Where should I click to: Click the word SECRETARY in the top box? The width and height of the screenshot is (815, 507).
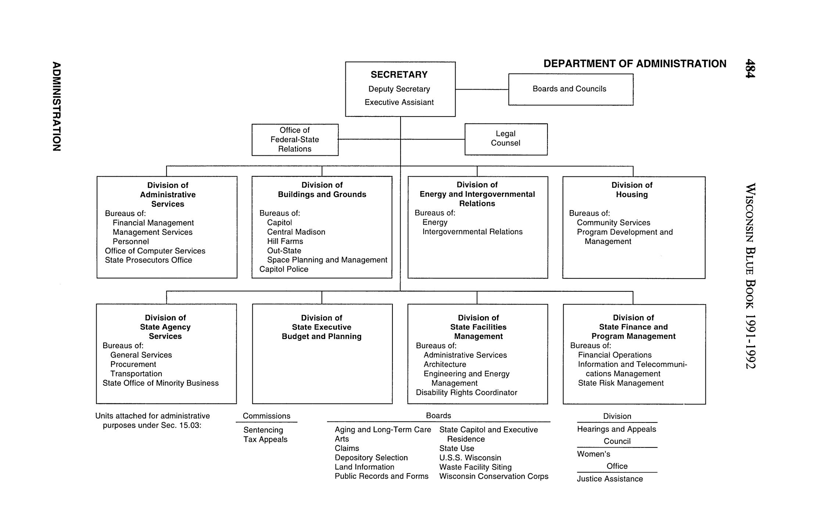pos(399,75)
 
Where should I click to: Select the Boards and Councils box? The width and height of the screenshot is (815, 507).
pos(570,89)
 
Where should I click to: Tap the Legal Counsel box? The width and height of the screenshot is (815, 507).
pos(506,139)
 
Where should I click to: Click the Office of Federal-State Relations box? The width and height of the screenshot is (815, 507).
pos(295,140)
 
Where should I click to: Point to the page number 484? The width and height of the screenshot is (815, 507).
pos(750,68)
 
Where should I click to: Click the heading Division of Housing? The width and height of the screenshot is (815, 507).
pos(632,190)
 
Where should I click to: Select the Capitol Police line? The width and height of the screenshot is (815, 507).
pos(284,269)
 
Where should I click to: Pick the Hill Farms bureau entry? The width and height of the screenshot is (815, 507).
pos(285,241)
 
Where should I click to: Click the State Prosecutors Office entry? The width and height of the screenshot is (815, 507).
pos(148,260)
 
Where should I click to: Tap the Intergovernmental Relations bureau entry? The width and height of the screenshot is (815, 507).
pos(472,232)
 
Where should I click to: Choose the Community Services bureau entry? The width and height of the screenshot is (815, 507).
pos(613,223)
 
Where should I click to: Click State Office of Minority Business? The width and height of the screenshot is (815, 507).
pos(161,383)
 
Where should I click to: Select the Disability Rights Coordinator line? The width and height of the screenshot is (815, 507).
pos(466,393)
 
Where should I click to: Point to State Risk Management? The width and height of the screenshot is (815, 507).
pos(621,383)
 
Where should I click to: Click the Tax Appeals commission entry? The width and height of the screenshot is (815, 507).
pos(265,439)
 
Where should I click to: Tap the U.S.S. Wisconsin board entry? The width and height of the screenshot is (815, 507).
pos(470,458)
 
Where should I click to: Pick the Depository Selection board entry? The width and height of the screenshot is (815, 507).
pos(371,458)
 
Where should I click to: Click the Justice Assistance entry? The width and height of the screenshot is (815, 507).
pos(610,479)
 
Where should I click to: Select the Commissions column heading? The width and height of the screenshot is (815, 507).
pos(266,416)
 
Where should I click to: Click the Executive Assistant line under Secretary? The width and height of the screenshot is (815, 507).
pos(399,103)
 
